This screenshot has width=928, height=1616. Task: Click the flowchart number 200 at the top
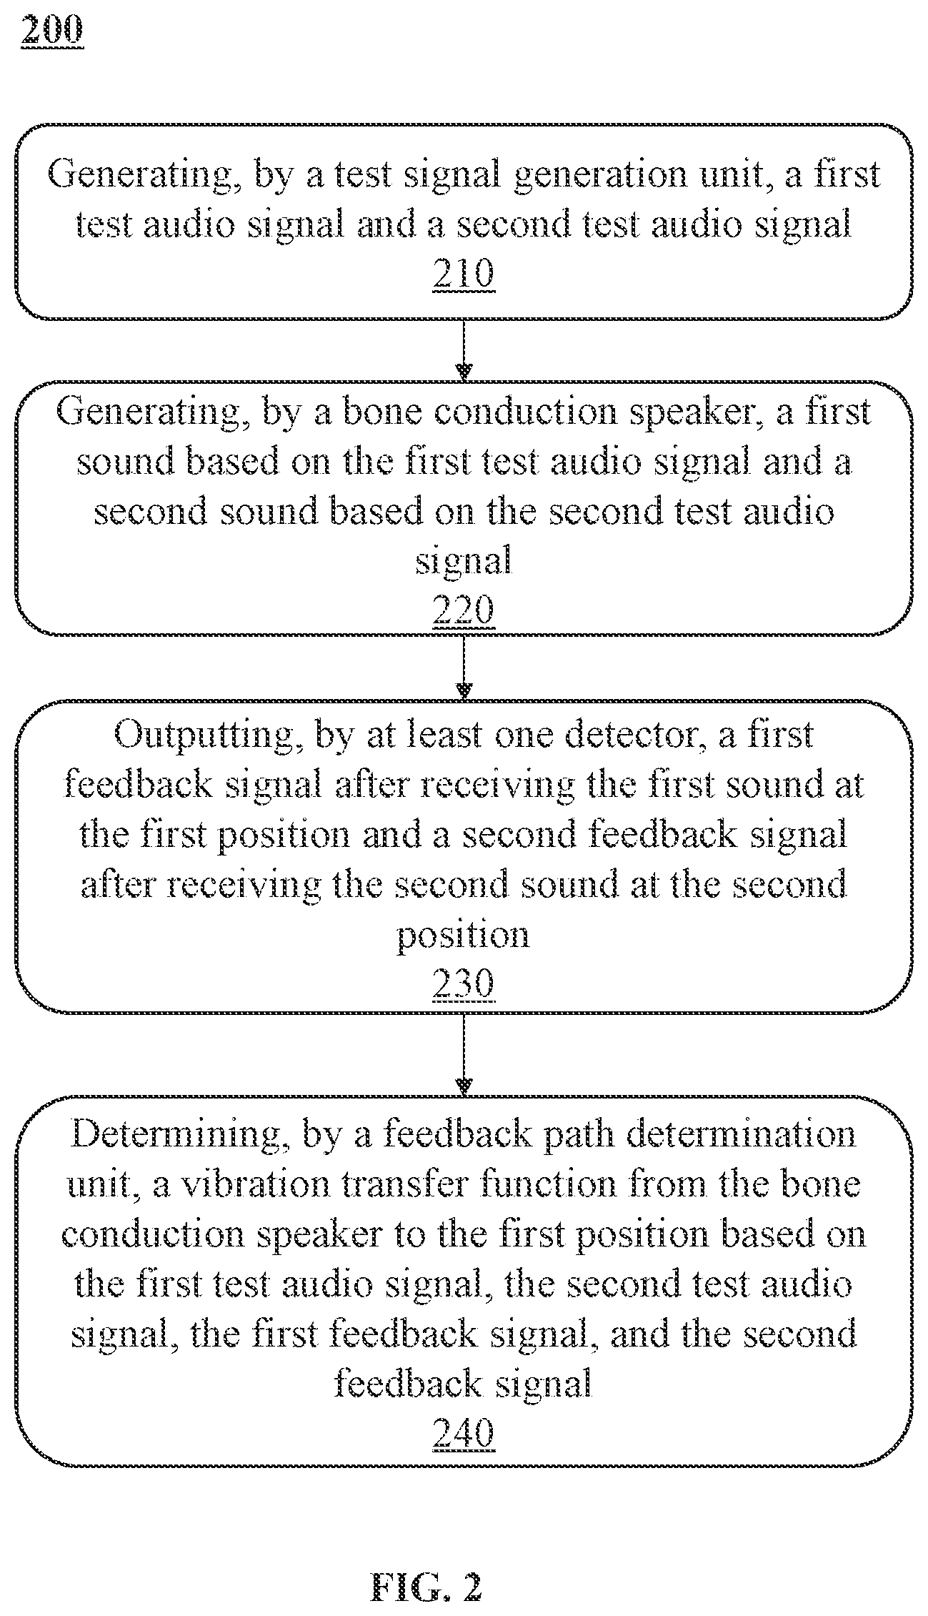[52, 31]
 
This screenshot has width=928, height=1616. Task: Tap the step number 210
[464, 274]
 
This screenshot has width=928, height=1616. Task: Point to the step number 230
[464, 984]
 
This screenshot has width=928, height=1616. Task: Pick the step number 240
[464, 1433]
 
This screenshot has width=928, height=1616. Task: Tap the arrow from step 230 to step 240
[464, 1054]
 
